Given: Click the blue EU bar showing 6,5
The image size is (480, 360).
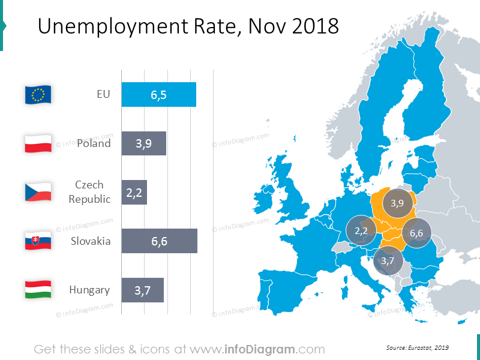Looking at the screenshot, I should [x=158, y=95].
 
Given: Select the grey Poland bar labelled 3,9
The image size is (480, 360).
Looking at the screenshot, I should [x=143, y=144].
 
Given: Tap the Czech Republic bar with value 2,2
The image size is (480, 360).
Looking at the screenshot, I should [x=134, y=193].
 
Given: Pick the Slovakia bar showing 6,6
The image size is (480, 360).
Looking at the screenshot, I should [x=159, y=241].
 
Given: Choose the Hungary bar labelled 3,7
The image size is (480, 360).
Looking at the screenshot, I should [x=142, y=290].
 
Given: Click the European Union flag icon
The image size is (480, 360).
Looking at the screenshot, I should [x=38, y=95].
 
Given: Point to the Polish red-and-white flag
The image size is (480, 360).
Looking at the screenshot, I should [x=38, y=144].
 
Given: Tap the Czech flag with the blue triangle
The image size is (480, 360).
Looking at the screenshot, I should [x=38, y=193].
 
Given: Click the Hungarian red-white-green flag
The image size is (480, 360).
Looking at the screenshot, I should [x=38, y=290].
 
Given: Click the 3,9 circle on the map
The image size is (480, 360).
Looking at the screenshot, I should [x=397, y=203].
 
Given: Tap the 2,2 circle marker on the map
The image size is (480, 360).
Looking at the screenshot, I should [x=361, y=230].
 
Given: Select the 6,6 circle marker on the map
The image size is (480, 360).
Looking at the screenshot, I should [x=416, y=233].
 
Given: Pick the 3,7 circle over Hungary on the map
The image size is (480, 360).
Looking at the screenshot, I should [x=388, y=260].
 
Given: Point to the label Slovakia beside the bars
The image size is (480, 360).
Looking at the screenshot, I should [x=91, y=241].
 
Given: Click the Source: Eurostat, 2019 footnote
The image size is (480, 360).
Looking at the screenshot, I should [x=418, y=348].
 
